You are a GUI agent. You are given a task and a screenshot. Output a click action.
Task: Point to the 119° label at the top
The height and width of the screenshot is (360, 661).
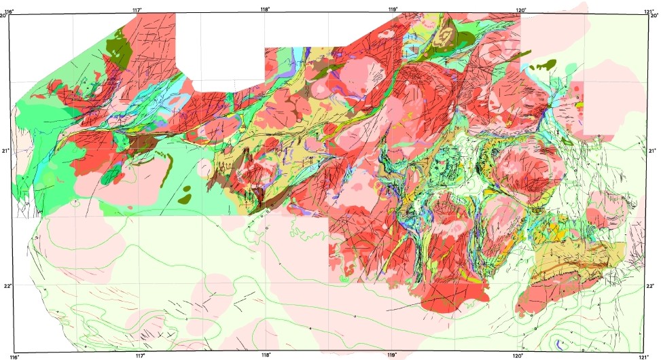393,9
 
